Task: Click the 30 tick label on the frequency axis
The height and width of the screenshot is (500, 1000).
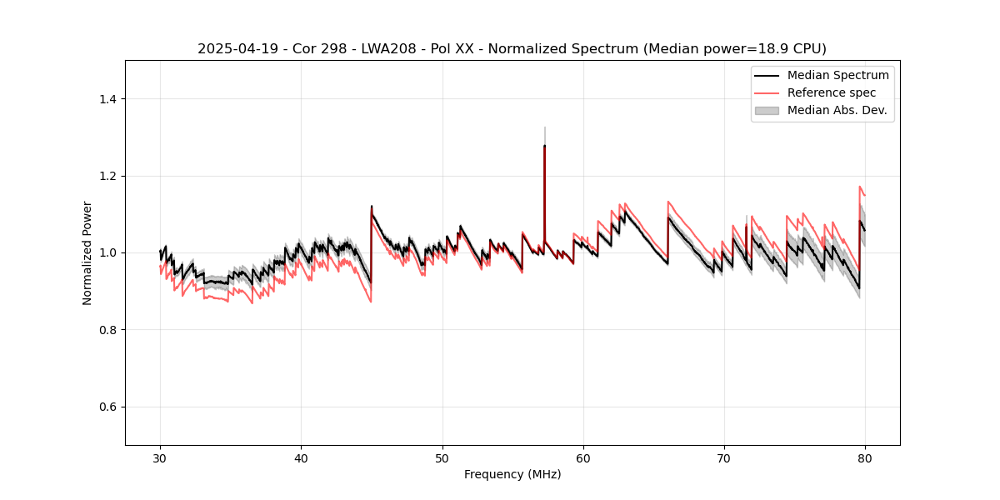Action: [x=160, y=458]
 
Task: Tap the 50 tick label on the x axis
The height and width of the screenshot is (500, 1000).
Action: [x=442, y=458]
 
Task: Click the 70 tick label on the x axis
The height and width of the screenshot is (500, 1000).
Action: [x=724, y=458]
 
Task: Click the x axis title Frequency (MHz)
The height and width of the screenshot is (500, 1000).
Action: [x=512, y=475]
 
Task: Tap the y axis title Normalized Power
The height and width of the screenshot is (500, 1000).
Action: [x=87, y=252]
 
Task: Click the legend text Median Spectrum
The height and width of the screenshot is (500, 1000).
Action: [x=837, y=75]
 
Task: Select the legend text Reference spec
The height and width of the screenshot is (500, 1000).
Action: [x=832, y=92]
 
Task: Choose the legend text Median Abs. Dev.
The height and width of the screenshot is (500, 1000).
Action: [x=837, y=110]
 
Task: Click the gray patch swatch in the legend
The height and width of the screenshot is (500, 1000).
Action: [x=767, y=110]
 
